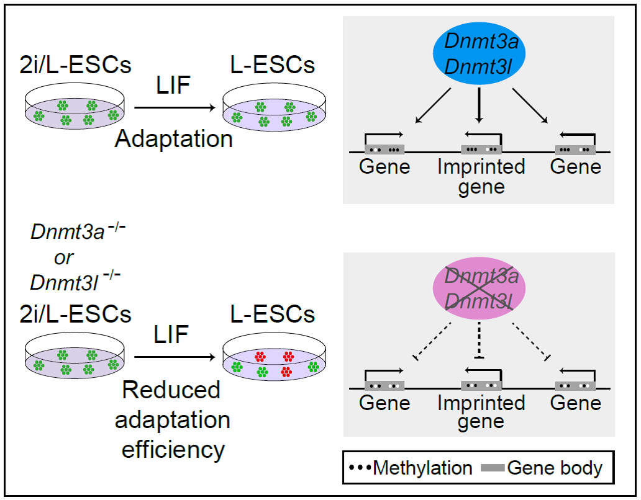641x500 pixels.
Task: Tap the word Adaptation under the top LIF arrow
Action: [174, 138]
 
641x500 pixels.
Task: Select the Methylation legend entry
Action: [411, 467]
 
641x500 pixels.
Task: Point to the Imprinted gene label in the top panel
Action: [481, 177]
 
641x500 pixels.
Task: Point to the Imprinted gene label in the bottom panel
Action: [481, 412]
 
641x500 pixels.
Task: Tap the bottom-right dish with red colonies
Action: [272, 364]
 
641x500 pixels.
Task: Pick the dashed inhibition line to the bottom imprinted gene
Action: [479, 341]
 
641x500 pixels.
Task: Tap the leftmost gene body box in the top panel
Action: [385, 150]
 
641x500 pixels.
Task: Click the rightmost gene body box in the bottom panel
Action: [575, 385]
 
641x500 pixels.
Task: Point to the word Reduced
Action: [171, 390]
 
